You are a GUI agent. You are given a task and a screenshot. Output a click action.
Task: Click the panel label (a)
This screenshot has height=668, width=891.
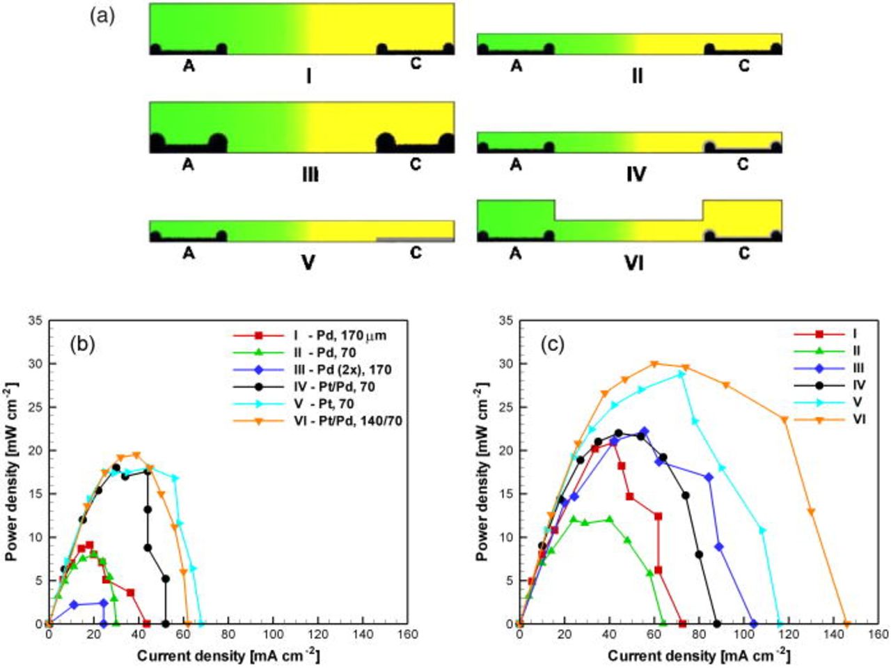pos(102,15)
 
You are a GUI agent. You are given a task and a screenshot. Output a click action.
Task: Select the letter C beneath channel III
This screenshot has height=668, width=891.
pos(416,165)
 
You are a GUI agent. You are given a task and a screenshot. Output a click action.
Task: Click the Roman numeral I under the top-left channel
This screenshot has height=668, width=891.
pos(308,75)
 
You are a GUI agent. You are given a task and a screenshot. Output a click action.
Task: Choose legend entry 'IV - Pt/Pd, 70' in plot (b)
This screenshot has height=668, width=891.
pos(334,386)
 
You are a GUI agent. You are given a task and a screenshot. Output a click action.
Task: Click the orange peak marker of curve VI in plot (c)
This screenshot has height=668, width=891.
pos(654,364)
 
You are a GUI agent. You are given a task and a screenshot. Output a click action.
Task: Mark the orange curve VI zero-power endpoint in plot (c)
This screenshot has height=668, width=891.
pos(846,623)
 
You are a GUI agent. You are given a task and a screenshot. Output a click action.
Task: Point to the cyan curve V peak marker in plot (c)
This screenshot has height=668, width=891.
pos(681,374)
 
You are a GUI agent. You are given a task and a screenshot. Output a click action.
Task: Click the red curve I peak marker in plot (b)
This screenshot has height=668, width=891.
pos(89,545)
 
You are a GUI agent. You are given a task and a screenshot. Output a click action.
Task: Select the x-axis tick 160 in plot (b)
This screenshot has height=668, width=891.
pos(407,635)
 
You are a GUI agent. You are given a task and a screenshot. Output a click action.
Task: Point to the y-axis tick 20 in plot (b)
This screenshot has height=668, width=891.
pos(35,450)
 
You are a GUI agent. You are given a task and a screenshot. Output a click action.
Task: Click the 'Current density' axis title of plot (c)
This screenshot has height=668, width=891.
pos(698,656)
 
